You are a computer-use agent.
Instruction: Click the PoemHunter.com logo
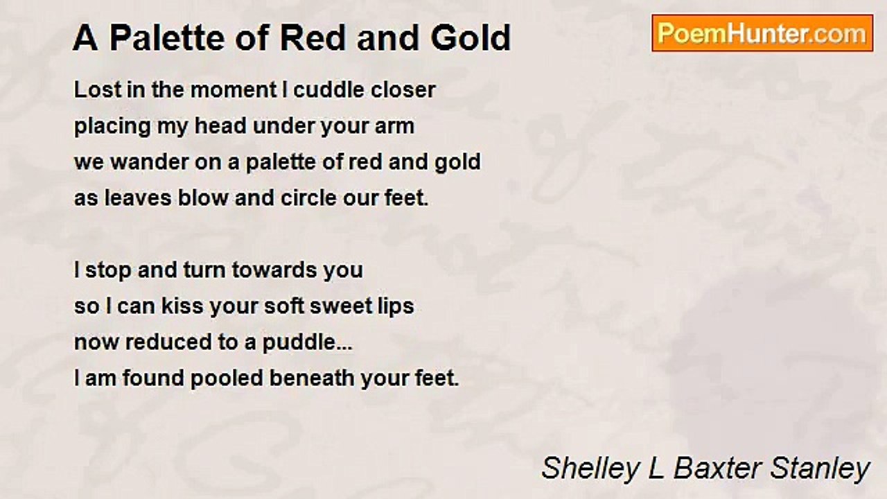(762, 33)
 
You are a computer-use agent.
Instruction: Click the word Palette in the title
(167, 38)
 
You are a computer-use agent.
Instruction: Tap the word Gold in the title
(471, 38)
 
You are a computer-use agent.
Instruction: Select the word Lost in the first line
(98, 89)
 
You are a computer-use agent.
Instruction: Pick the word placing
(112, 126)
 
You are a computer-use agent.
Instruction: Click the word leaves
(138, 198)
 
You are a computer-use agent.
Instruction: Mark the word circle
(308, 198)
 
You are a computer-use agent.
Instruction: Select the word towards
(274, 270)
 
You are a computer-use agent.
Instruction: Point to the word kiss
(182, 306)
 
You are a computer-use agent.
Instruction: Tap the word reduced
(168, 342)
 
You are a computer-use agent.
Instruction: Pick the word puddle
(299, 343)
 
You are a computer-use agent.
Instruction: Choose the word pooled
(227, 379)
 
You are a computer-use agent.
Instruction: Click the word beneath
(312, 378)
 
